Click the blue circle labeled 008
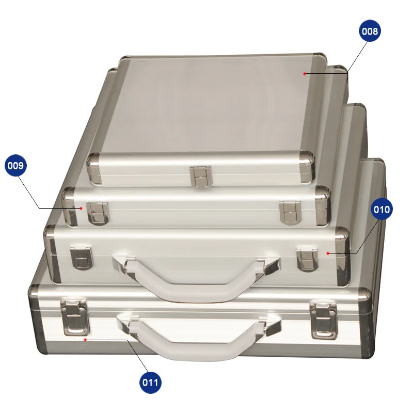pyautogui.click(x=370, y=31)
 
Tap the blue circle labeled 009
pyautogui.click(x=15, y=166)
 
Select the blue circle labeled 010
pyautogui.click(x=382, y=210)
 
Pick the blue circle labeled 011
pyautogui.click(x=151, y=383)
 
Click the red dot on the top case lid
pyautogui.click(x=305, y=74)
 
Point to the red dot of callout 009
pyautogui.click(x=81, y=208)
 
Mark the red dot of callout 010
pyautogui.click(x=328, y=253)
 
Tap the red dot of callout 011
pyautogui.click(x=85, y=340)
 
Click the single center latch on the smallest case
pyautogui.click(x=200, y=176)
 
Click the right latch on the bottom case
pyautogui.click(x=323, y=319)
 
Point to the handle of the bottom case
pyautogui.click(x=199, y=341)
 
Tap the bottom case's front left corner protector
pyautogui.click(x=39, y=323)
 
